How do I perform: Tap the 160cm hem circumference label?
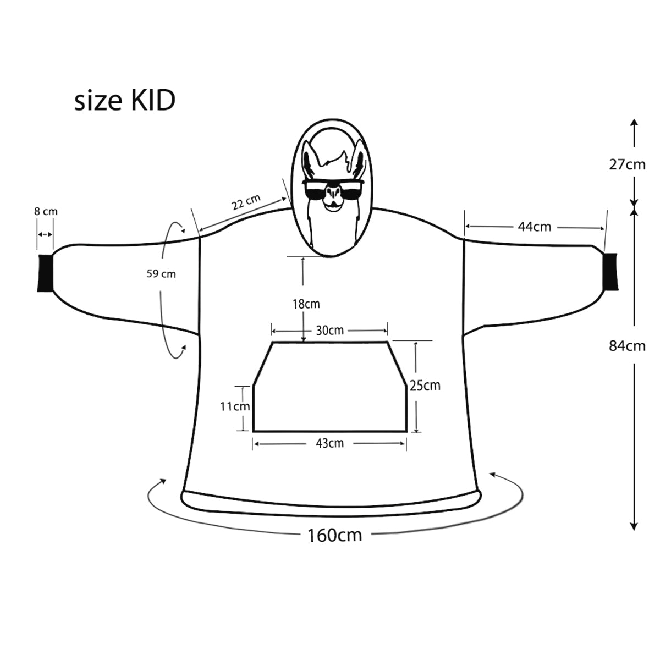(x=334, y=534)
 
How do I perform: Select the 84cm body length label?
(x=627, y=346)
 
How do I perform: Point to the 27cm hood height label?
(x=627, y=164)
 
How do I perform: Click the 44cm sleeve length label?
(x=533, y=227)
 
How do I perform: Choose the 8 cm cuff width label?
(x=45, y=211)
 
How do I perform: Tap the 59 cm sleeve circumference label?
(x=161, y=273)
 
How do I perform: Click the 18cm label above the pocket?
(x=305, y=304)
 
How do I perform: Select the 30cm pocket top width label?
(x=329, y=330)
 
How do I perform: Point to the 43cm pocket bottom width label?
(x=329, y=443)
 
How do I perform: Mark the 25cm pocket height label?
(x=425, y=385)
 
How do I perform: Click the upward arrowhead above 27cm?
(x=634, y=123)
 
